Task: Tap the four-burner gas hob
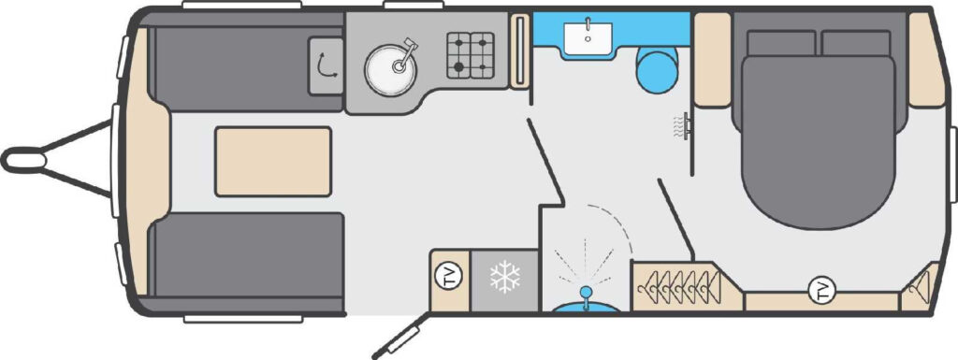470,55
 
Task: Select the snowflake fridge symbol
504,277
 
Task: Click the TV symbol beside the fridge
448,277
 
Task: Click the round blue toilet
658,69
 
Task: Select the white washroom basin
588,37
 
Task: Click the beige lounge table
273,162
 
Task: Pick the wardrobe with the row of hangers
679,286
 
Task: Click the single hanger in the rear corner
919,285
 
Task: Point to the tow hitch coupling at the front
24,161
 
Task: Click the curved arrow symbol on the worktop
327,65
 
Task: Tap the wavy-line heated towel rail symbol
682,127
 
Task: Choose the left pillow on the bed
781,43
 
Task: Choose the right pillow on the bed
855,43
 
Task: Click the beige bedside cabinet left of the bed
713,60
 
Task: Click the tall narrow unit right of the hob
520,51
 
